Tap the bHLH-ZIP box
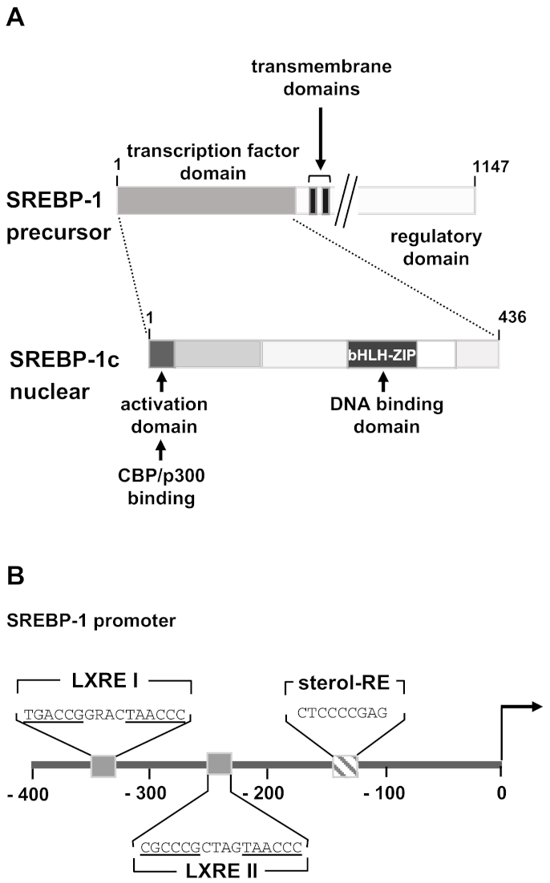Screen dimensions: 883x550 (x=382, y=353)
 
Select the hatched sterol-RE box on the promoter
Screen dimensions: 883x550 (x=346, y=764)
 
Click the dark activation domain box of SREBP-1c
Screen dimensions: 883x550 (x=161, y=353)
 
